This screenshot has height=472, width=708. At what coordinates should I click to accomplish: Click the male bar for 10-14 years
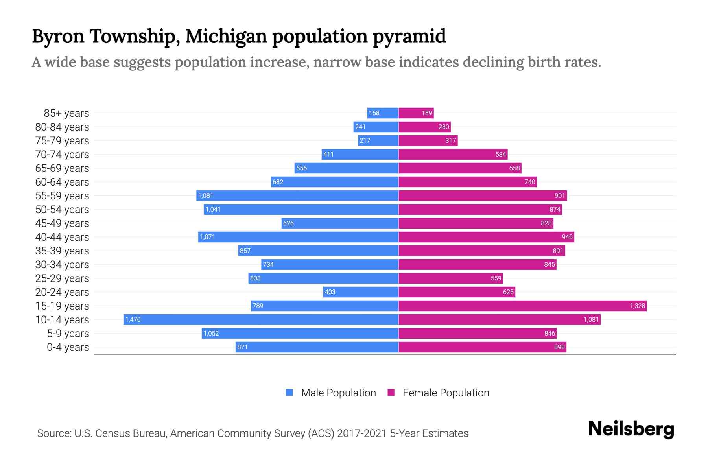pyautogui.click(x=261, y=319)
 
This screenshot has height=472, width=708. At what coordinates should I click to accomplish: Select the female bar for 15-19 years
pyautogui.click(x=522, y=306)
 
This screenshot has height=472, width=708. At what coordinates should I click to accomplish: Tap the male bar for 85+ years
pyautogui.click(x=383, y=113)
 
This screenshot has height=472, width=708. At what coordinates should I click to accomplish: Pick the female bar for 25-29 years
pyautogui.click(x=450, y=278)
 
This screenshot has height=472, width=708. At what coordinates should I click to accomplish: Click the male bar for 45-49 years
pyautogui.click(x=340, y=223)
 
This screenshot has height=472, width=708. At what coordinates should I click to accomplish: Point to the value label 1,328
pyautogui.click(x=637, y=306)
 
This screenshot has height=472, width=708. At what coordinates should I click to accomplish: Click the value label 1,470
pyautogui.click(x=133, y=319)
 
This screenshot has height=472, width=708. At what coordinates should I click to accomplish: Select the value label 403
pyautogui.click(x=330, y=292)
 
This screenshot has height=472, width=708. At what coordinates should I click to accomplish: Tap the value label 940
pyautogui.click(x=567, y=237)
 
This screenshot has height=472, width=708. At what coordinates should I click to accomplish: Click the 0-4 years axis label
pyautogui.click(x=68, y=347)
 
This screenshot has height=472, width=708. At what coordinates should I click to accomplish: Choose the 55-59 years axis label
pyautogui.click(x=62, y=196)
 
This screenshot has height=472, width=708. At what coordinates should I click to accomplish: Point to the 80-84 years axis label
pyautogui.click(x=62, y=127)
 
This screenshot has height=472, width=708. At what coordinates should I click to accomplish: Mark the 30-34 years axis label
pyautogui.click(x=62, y=265)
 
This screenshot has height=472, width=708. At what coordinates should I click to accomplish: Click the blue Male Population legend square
pyautogui.click(x=289, y=393)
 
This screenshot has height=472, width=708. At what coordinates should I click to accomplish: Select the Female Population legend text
pyautogui.click(x=446, y=393)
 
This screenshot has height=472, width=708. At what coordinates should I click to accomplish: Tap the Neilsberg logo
pyautogui.click(x=631, y=429)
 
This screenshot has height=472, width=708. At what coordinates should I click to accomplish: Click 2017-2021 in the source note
pyautogui.click(x=361, y=433)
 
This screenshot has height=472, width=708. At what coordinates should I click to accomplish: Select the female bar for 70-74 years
pyautogui.click(x=453, y=154)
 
